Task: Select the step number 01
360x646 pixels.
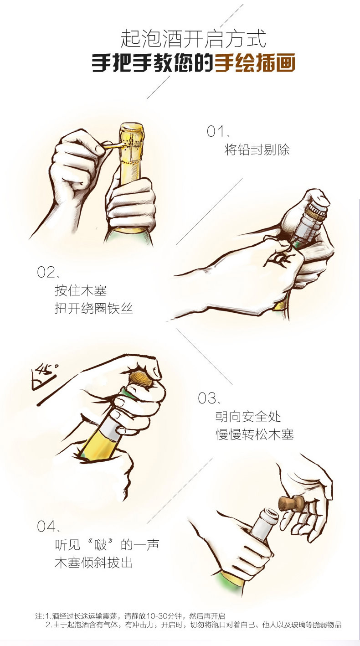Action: pos(216,131)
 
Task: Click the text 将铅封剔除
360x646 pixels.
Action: pos(257,150)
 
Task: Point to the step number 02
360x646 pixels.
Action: pos(46,272)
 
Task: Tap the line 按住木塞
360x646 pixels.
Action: pos(81,290)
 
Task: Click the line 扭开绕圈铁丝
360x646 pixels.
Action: pos(94,309)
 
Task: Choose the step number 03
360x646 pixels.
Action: pos(207,398)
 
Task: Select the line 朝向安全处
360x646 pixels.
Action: pos(248,416)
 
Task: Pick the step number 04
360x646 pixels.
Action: pos(46,526)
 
